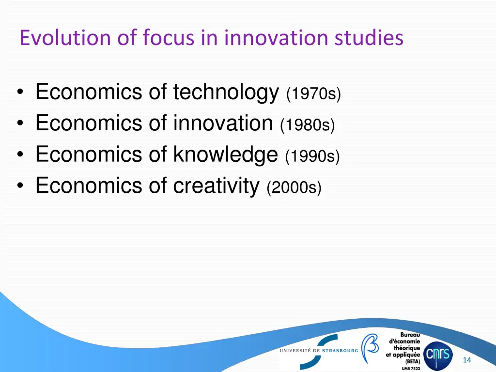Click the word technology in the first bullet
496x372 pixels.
tap(226, 92)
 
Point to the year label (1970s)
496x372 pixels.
tap(314, 94)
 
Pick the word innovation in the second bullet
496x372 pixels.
tap(223, 123)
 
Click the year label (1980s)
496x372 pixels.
tap(308, 125)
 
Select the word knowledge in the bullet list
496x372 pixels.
tap(225, 154)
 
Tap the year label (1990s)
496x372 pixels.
tap(313, 156)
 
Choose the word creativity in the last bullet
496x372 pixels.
tap(216, 185)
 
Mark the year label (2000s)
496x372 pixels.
tap(294, 187)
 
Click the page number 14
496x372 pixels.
tap(467, 360)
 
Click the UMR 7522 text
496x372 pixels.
tap(411, 369)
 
